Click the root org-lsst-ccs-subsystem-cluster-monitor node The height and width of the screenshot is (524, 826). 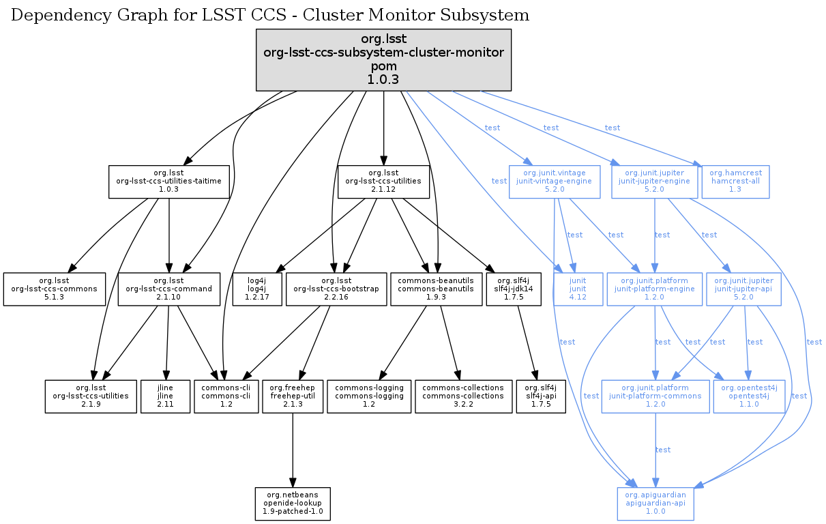[x=383, y=59]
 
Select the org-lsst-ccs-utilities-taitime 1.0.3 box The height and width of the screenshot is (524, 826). [x=168, y=181]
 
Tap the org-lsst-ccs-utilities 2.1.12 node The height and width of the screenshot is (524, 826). [x=383, y=181]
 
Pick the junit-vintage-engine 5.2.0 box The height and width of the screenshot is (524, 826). [x=555, y=181]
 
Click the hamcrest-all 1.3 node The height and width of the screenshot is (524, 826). [x=735, y=181]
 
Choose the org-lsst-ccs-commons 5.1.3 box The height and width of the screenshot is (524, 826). [x=55, y=289]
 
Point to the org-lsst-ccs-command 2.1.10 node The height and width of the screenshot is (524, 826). [x=168, y=289]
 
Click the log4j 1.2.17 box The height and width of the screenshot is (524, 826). [x=256, y=289]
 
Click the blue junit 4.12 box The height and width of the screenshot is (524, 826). [x=578, y=289]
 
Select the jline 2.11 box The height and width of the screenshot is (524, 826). [x=167, y=396]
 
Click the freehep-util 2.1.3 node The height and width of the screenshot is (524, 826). [x=293, y=396]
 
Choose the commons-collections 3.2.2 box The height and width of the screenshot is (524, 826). [x=463, y=396]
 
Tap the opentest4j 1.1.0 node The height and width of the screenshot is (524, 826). [x=748, y=396]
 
